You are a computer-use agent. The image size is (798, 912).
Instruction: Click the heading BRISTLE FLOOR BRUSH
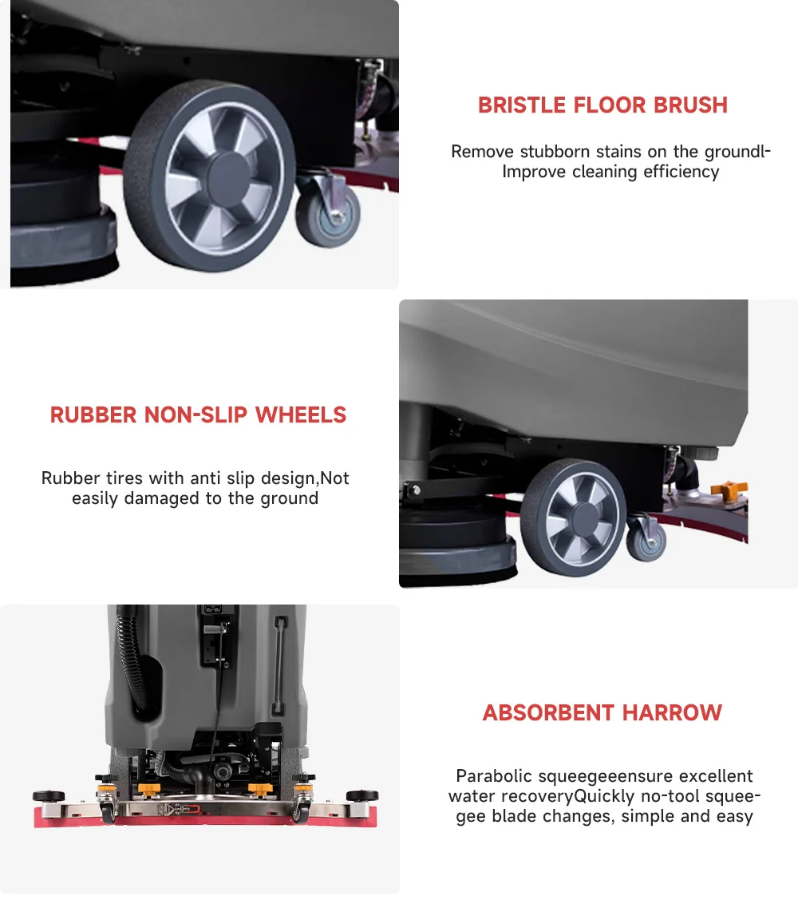[x=602, y=105]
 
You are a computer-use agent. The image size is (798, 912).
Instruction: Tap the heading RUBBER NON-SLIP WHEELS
[x=198, y=415]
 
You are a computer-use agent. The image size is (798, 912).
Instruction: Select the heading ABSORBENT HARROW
[x=602, y=713]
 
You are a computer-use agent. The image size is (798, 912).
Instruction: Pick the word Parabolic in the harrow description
[x=493, y=776]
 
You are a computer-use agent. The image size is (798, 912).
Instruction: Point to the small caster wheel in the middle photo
[x=646, y=541]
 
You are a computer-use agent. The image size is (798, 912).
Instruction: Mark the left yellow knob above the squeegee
[x=149, y=789]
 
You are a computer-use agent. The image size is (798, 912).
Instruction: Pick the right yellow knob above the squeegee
[x=260, y=789]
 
